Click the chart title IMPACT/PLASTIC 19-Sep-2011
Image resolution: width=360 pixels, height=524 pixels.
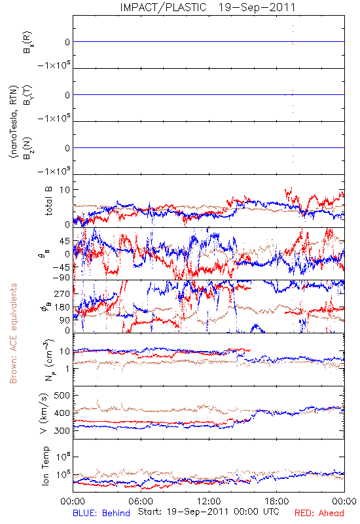click(x=207, y=7)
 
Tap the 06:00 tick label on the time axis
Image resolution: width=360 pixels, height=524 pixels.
click(x=141, y=501)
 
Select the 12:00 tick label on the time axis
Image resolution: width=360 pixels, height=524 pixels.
click(x=209, y=501)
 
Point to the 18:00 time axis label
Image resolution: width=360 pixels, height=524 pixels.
click(x=277, y=501)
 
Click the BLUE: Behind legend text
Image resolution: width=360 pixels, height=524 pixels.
click(x=101, y=514)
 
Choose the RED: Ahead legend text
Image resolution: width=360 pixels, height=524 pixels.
click(x=319, y=514)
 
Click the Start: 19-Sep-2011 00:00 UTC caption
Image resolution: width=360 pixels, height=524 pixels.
click(x=209, y=512)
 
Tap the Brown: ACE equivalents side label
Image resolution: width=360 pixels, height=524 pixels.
click(x=13, y=333)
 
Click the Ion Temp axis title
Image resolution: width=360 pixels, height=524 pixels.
click(x=45, y=466)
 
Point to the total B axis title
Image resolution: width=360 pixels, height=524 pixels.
click(x=48, y=201)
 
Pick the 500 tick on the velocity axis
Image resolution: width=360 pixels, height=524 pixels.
click(x=62, y=396)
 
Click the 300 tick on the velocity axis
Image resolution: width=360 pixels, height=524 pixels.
click(x=62, y=430)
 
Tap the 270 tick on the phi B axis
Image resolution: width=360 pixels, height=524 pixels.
click(x=62, y=293)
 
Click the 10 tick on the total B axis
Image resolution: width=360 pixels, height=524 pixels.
click(x=65, y=190)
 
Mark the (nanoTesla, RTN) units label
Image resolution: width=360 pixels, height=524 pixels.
click(x=13, y=122)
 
